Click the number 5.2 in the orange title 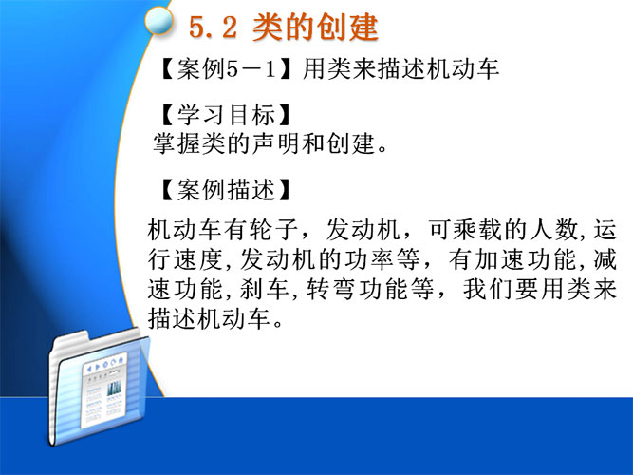(213, 28)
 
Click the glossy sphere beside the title (158, 20)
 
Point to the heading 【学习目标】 (225, 115)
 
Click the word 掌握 (177, 143)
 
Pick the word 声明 (277, 143)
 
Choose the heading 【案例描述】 (225, 190)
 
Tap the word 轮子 (274, 230)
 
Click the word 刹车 (265, 289)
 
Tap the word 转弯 (330, 289)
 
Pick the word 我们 (488, 289)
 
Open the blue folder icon (98, 389)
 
